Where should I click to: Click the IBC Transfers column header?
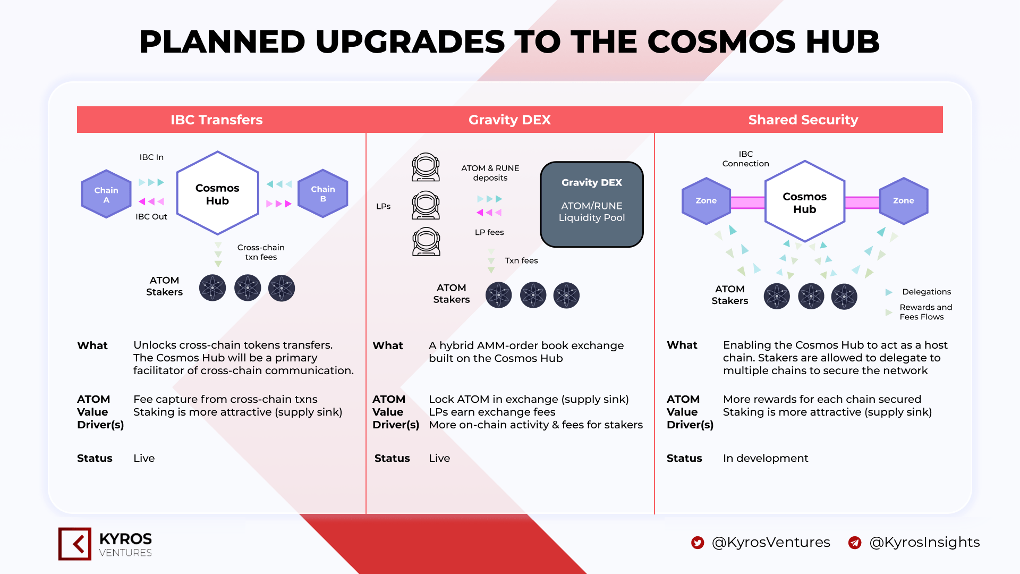217,120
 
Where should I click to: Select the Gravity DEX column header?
509,120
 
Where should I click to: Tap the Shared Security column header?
803,120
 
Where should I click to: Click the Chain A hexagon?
106,194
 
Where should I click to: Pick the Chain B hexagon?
323,193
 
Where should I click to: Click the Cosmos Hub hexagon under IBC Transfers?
218,193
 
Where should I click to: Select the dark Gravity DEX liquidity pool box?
592,205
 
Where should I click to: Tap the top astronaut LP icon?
426,167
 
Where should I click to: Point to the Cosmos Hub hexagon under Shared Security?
805,201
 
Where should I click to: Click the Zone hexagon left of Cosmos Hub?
706,201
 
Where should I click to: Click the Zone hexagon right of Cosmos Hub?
904,201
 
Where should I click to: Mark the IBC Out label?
151,217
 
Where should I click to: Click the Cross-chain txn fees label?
261,252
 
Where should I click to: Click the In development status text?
766,458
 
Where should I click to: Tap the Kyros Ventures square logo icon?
75,544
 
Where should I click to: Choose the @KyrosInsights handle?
924,542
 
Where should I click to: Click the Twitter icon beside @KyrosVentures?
698,542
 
